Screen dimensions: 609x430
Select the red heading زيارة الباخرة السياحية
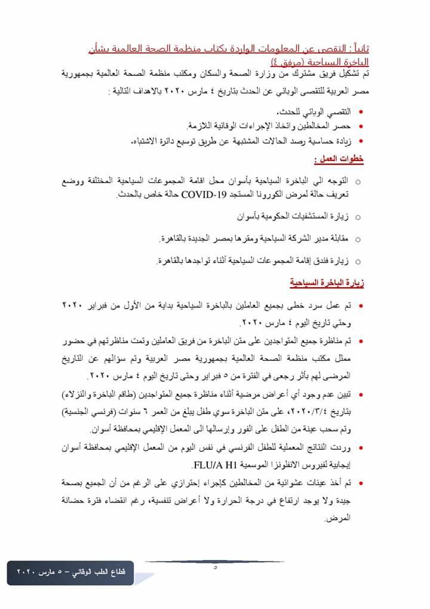click(x=327, y=282)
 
